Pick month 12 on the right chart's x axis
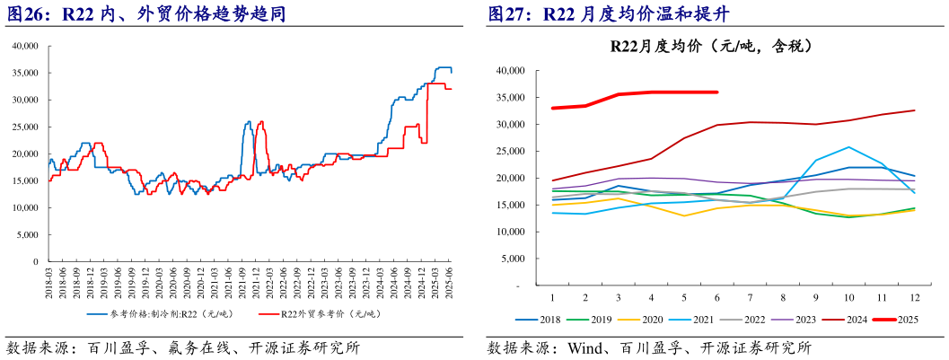click(914, 296)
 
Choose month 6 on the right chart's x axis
click(716, 296)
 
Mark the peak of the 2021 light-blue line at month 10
click(848, 147)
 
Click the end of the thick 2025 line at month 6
click(716, 92)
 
